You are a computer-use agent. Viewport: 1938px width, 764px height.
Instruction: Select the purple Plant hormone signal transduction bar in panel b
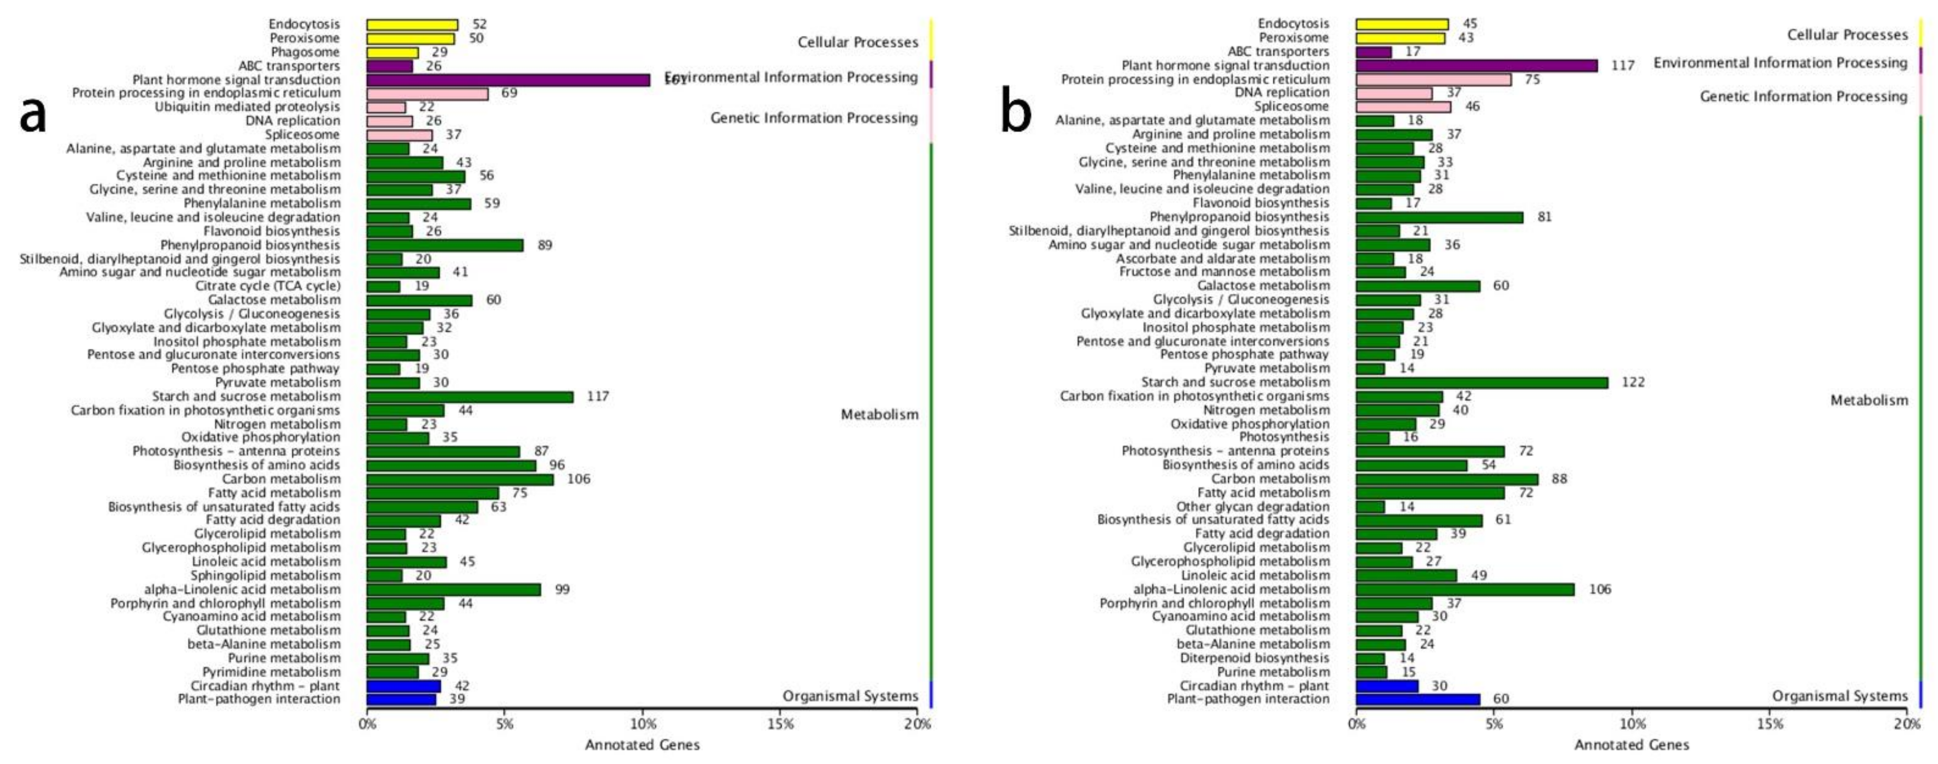click(x=1476, y=65)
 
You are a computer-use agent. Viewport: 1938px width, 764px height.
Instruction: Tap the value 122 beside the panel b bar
click(x=1633, y=382)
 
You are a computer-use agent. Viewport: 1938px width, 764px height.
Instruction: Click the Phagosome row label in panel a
click(x=305, y=52)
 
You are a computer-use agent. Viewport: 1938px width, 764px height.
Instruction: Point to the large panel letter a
click(x=32, y=114)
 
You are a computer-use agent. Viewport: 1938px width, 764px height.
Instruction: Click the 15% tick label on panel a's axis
click(x=780, y=724)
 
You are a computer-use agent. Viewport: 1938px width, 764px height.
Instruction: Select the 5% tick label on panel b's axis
click(x=1494, y=724)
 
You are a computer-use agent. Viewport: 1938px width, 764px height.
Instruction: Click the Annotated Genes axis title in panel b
click(x=1631, y=744)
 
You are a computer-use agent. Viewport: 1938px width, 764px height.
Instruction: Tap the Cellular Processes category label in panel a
click(x=858, y=42)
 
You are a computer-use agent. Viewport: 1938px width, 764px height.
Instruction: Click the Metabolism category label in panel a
click(x=880, y=414)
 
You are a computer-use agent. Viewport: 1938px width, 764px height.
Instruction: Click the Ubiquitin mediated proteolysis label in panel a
click(x=247, y=107)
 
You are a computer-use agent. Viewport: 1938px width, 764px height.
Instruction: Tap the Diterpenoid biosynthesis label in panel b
click(x=1254, y=658)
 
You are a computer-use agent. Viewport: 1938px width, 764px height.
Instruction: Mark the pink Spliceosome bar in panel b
click(x=1403, y=107)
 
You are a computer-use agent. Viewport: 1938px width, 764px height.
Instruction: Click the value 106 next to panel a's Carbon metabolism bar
click(x=579, y=479)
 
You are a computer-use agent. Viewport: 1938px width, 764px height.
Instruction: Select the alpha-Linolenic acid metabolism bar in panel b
click(x=1465, y=590)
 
